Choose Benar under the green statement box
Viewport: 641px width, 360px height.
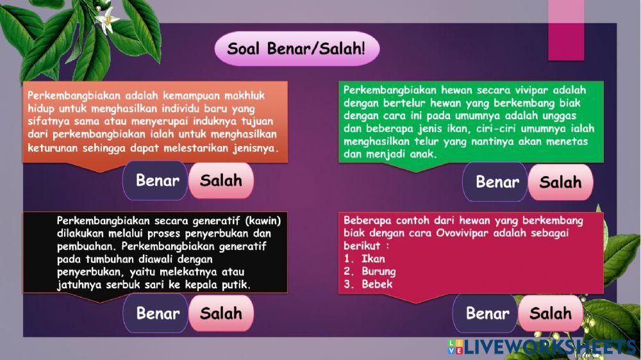tap(497, 182)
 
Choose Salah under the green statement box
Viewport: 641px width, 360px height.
tap(560, 182)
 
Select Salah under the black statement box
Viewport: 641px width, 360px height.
tap(221, 313)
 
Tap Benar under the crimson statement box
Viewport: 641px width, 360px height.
tap(487, 313)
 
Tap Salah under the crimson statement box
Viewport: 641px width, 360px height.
tap(550, 313)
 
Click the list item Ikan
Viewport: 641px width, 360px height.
tap(372, 259)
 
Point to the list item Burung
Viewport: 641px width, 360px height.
tap(378, 272)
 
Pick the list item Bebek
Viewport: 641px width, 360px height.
tap(376, 284)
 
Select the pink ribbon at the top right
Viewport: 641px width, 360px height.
tap(566, 29)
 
